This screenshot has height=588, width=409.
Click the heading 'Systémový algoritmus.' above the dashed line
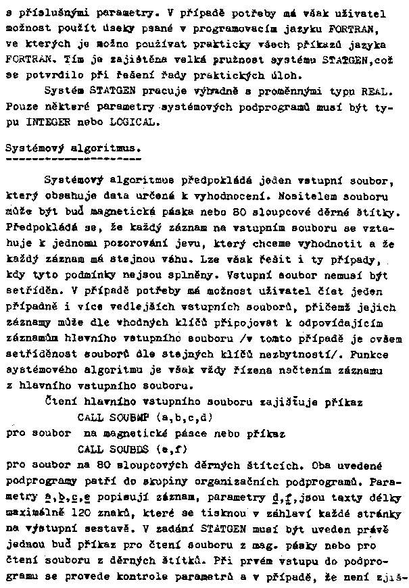tap(72, 147)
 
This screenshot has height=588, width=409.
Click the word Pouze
tap(20, 107)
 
